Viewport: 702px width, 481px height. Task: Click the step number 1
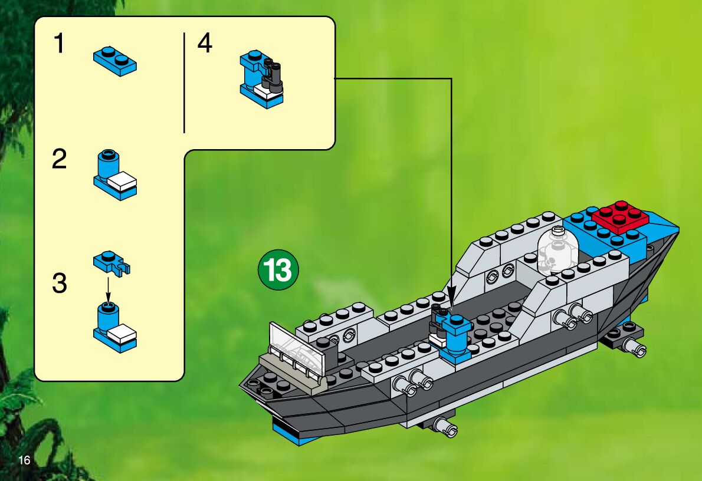coord(58,44)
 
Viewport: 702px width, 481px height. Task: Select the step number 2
coord(60,160)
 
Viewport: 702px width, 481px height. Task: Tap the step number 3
coord(60,284)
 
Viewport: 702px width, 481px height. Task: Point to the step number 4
coord(205,44)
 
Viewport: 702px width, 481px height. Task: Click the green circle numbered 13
coord(278,271)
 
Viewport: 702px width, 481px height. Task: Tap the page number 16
coord(24,460)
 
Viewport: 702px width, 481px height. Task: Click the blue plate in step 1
coord(115,61)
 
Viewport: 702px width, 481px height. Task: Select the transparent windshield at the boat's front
coord(298,351)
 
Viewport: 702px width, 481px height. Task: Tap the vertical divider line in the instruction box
coord(184,83)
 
